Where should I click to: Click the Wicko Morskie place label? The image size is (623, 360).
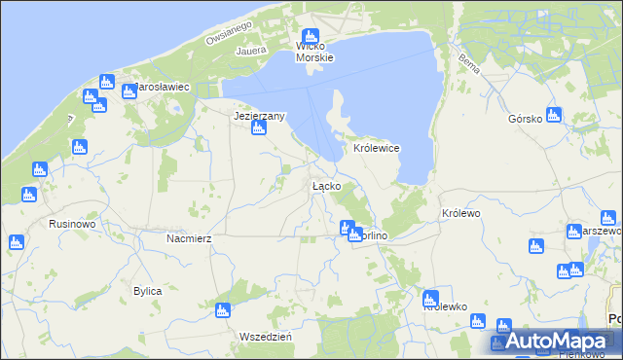(x=314, y=52)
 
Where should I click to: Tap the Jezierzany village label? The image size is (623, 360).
(x=259, y=116)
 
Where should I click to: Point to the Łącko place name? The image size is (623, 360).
(x=325, y=185)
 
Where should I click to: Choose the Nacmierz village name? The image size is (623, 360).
(x=189, y=237)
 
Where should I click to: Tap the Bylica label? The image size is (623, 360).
(x=147, y=291)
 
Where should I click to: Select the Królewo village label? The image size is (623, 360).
(x=461, y=213)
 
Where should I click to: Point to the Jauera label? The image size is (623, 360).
(x=250, y=46)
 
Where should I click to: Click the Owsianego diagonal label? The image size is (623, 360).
(x=229, y=32)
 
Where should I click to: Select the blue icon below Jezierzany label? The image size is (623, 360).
(x=259, y=131)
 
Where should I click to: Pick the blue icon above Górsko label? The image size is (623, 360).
(x=554, y=115)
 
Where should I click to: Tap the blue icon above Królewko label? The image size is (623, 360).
(x=431, y=298)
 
